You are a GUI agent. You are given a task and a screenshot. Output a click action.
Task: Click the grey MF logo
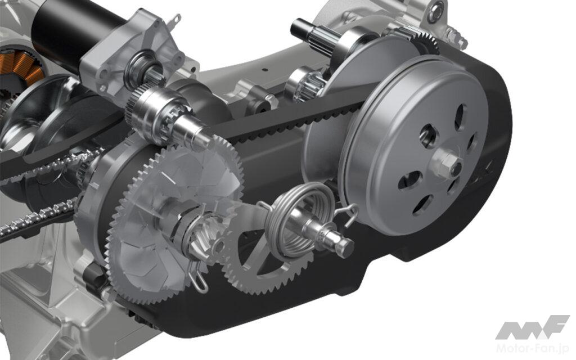[x=532, y=327]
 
